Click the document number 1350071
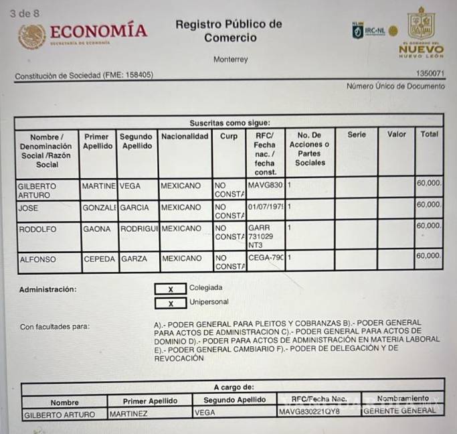pyautogui.click(x=430, y=74)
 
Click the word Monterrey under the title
pyautogui.click(x=230, y=60)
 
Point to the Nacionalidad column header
pyautogui.click(x=185, y=137)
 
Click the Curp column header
pyautogui.click(x=229, y=137)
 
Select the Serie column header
pyautogui.click(x=357, y=135)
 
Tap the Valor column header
pyautogui.click(x=397, y=135)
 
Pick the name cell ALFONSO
pyautogui.click(x=38, y=259)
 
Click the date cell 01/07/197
pyautogui.click(x=266, y=208)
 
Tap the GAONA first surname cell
pyautogui.click(x=96, y=229)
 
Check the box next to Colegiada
pyautogui.click(x=171, y=289)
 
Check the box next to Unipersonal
pyautogui.click(x=171, y=303)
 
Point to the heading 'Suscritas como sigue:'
pyautogui.click(x=230, y=123)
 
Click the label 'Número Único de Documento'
pyautogui.click(x=395, y=86)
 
